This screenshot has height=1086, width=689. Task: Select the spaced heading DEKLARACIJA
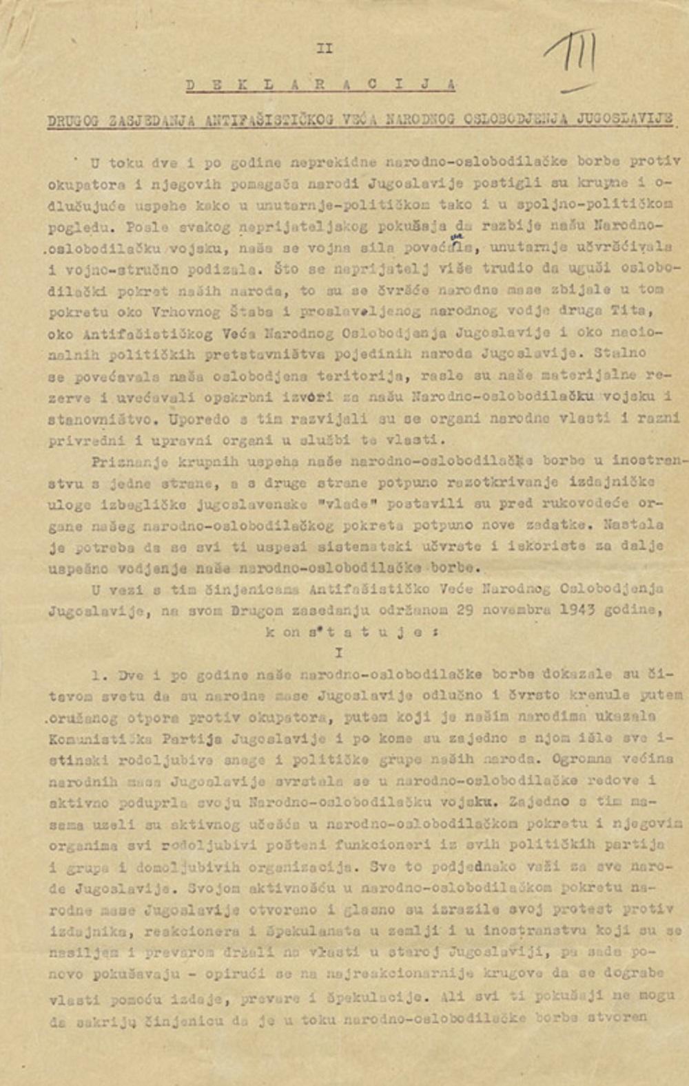click(x=320, y=85)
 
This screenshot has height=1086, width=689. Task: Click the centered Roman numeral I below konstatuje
click(x=338, y=652)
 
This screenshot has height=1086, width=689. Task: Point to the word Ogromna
click(x=568, y=760)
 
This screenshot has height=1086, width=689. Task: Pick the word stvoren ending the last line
click(x=622, y=1016)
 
